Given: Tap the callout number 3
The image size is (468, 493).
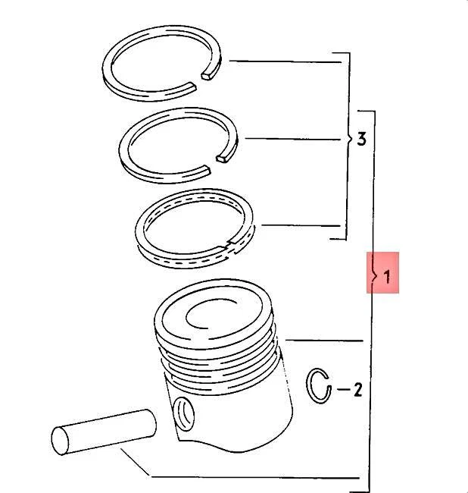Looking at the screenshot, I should pos(361,139).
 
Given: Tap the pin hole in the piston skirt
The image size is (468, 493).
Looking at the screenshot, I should pos(183,414).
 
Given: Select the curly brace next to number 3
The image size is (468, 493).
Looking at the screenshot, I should pos(348,139).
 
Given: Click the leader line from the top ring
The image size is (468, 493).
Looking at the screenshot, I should pos(280,61).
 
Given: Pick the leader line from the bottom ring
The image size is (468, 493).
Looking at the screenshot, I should pos(299,225).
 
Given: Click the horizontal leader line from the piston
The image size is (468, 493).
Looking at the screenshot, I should pos(322,339).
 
